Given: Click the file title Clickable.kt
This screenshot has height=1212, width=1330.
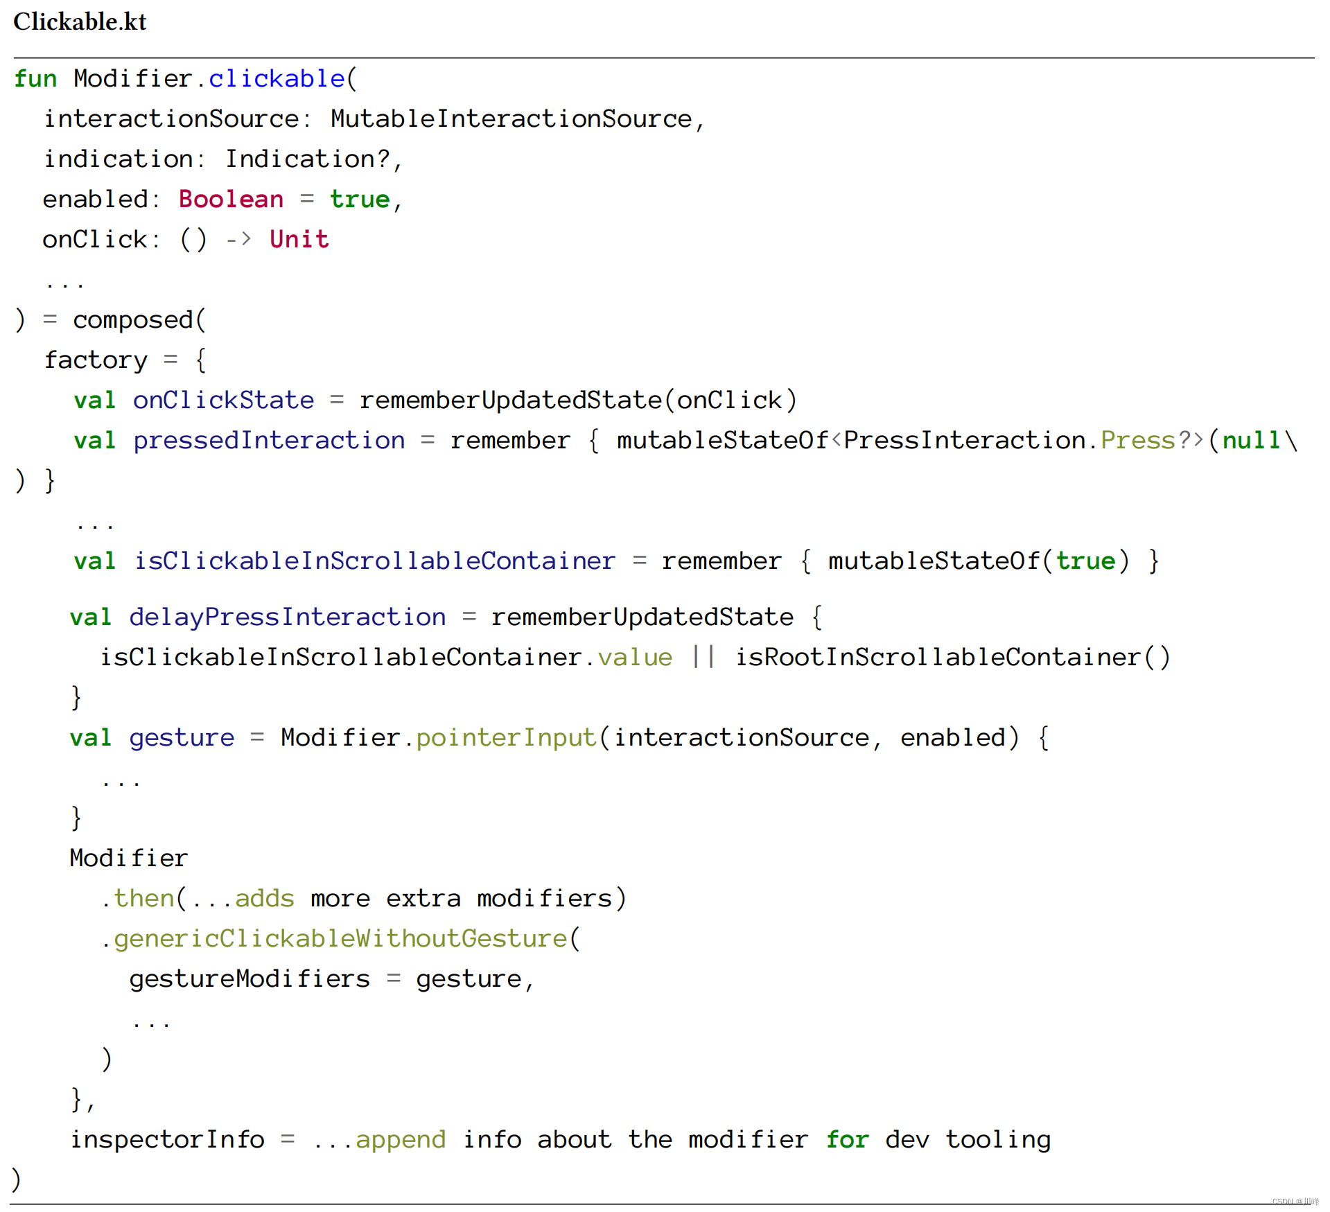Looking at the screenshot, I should (x=80, y=22).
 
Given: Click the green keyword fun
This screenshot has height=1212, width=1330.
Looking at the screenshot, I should (x=35, y=79).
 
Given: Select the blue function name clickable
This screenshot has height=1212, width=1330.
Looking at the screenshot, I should (x=276, y=79).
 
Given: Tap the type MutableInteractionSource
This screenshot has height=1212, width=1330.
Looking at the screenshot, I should (x=511, y=119).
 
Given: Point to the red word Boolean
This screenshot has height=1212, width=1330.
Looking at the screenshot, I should (x=231, y=200).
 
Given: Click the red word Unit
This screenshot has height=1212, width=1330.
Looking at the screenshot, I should (x=299, y=240).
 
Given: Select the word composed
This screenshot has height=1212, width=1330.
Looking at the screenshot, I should (x=132, y=320).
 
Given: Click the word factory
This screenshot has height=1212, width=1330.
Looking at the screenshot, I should (x=96, y=360).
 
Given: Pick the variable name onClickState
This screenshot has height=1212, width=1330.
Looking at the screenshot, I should (x=223, y=401).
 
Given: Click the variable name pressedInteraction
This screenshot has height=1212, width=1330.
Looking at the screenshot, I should (x=269, y=441).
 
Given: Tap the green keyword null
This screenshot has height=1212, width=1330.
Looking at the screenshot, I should (x=1250, y=441).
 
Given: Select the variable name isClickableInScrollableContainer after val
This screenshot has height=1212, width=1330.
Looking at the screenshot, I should (x=374, y=561).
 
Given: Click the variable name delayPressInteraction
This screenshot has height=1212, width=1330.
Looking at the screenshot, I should (x=287, y=617).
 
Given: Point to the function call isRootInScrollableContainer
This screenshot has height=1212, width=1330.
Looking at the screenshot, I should (x=938, y=658).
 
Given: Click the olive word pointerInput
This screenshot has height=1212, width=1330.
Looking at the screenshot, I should (x=506, y=738).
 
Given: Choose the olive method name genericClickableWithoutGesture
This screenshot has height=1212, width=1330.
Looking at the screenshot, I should (x=340, y=939).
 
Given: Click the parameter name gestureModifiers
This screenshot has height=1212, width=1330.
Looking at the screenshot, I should (x=250, y=979).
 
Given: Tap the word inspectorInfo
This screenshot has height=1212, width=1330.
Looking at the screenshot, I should (x=167, y=1140).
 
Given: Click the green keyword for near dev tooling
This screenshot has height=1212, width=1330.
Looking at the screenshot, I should (x=846, y=1140).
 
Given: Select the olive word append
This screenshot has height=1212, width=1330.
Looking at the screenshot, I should (x=401, y=1140).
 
